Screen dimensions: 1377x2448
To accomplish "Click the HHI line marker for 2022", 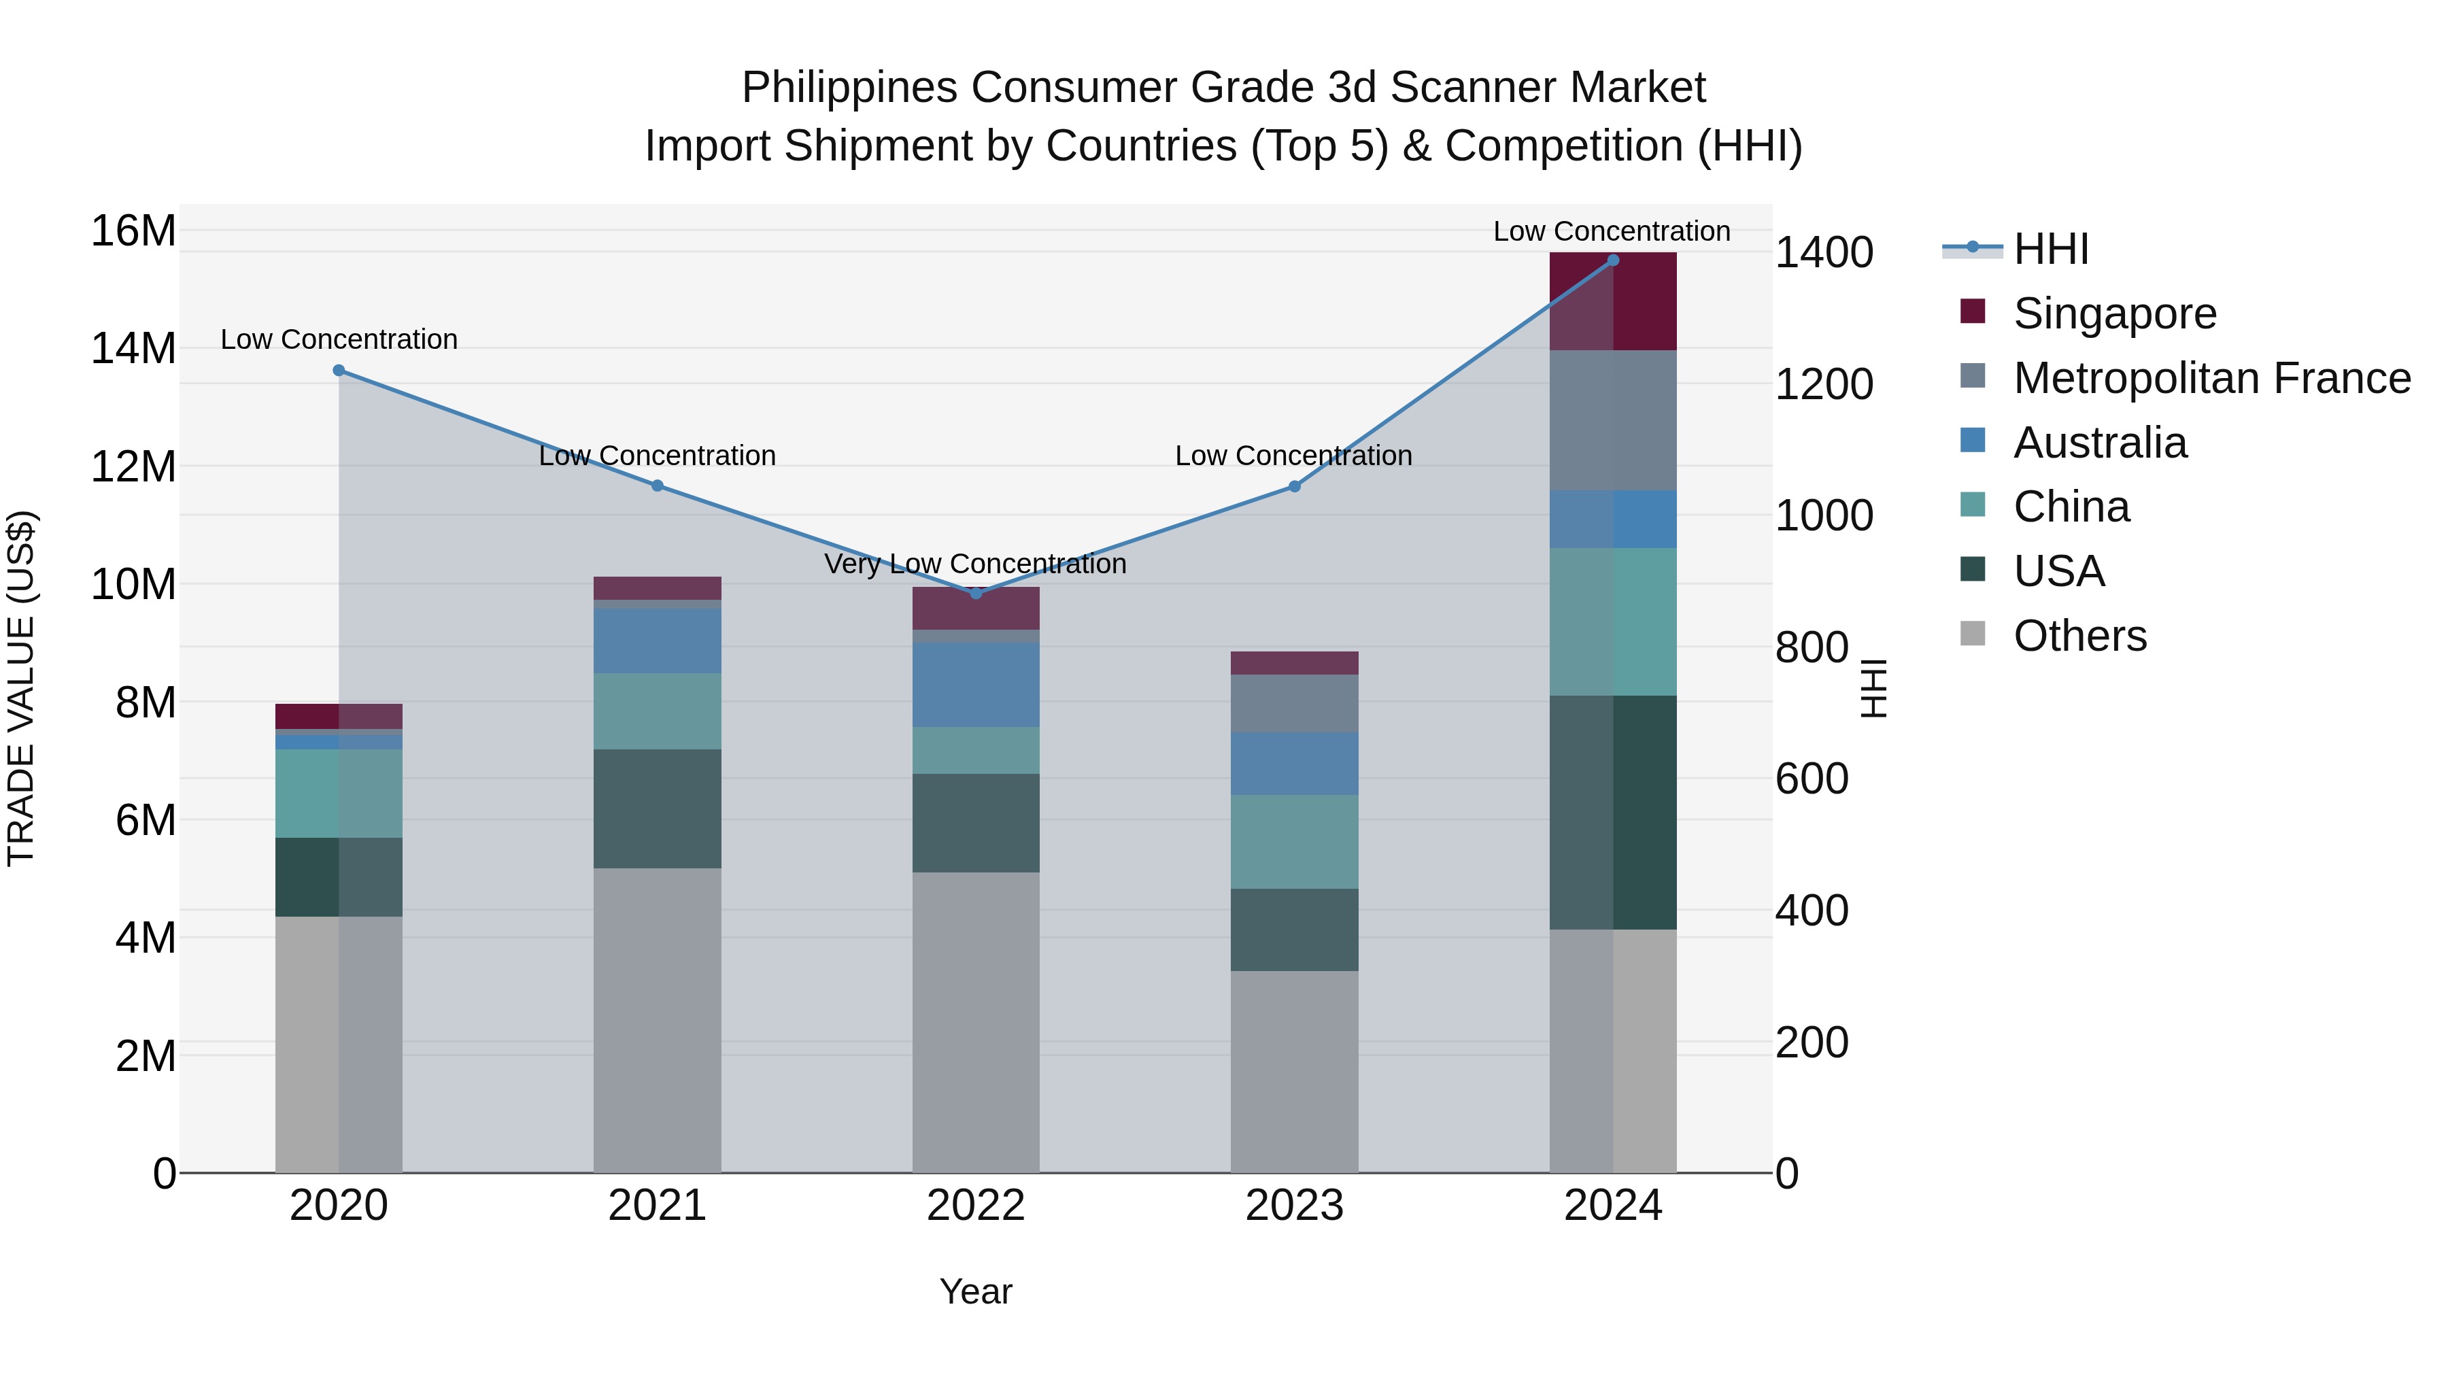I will (x=975, y=593).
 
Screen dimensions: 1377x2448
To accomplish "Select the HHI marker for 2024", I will (x=1613, y=260).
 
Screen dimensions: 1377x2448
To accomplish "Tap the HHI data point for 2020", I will (x=339, y=371).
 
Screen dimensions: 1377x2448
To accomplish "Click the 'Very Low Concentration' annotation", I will (x=975, y=564).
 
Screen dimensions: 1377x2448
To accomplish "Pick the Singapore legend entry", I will (x=2113, y=313).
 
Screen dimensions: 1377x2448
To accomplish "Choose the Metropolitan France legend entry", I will (x=2211, y=378).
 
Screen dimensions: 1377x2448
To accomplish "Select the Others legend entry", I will (x=2079, y=636).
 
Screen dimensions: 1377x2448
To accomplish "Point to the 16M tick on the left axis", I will (x=133, y=231).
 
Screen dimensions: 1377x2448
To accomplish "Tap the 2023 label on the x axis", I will (x=1293, y=1206).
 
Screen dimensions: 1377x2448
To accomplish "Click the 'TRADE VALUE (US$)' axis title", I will (x=22, y=688).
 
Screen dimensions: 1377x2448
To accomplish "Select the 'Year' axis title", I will (x=975, y=1291).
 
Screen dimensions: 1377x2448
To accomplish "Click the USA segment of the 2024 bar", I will (x=1613, y=813).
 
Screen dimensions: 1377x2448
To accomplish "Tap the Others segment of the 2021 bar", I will (x=657, y=1020).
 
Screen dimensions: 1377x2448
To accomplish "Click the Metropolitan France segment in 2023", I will (x=1293, y=703).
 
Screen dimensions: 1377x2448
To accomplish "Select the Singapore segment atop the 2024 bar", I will (x=1613, y=301).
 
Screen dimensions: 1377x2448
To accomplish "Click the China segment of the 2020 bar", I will (x=339, y=794).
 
